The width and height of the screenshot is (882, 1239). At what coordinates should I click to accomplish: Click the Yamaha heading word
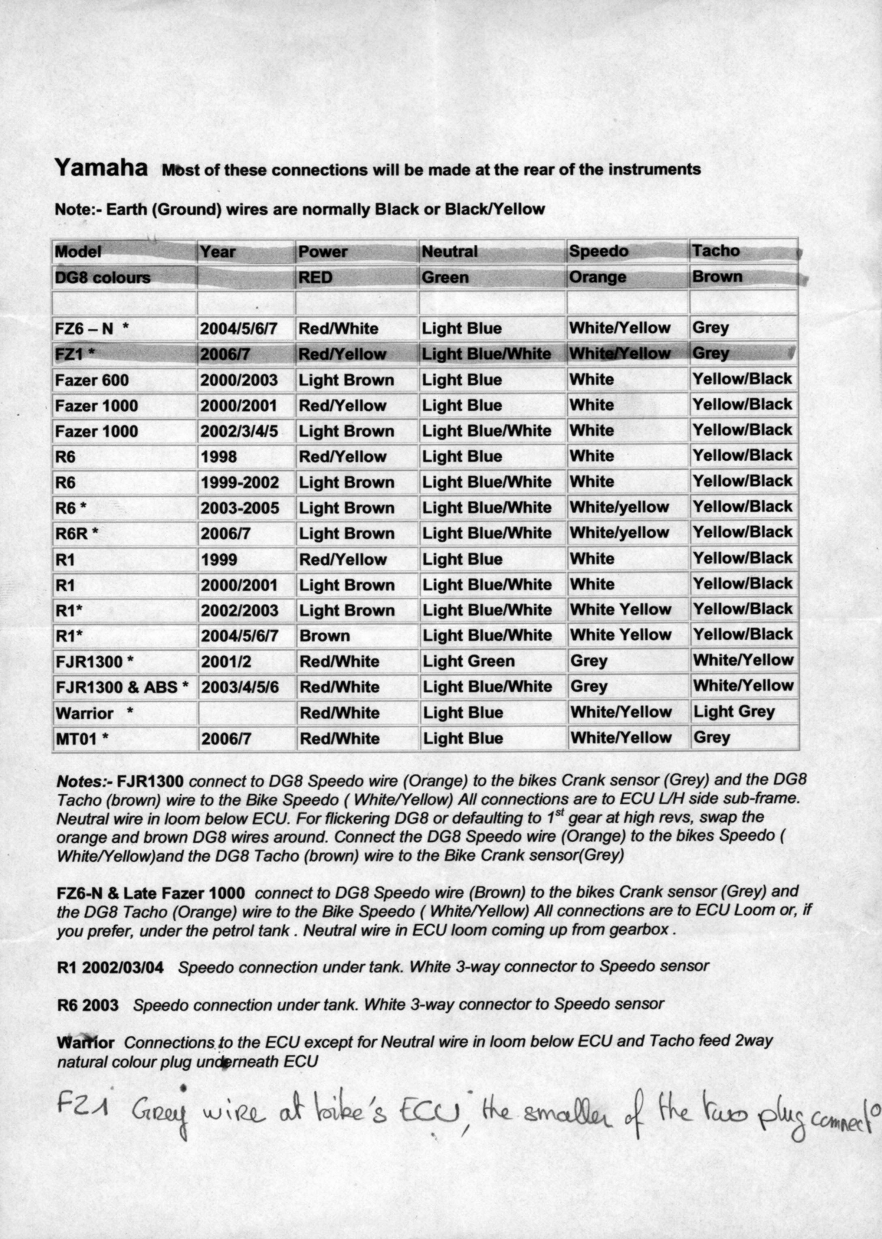tap(101, 168)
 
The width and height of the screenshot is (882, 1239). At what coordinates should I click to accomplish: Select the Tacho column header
tap(715, 251)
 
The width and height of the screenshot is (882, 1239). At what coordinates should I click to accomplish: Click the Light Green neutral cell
tap(468, 661)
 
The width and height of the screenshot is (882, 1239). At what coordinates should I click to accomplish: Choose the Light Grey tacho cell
tap(734, 712)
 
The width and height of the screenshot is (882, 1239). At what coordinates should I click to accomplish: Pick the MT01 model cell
tap(82, 739)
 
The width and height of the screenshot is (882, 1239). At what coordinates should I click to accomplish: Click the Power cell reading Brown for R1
tap(324, 636)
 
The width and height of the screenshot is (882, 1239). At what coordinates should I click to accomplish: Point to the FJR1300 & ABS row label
tap(122, 687)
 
